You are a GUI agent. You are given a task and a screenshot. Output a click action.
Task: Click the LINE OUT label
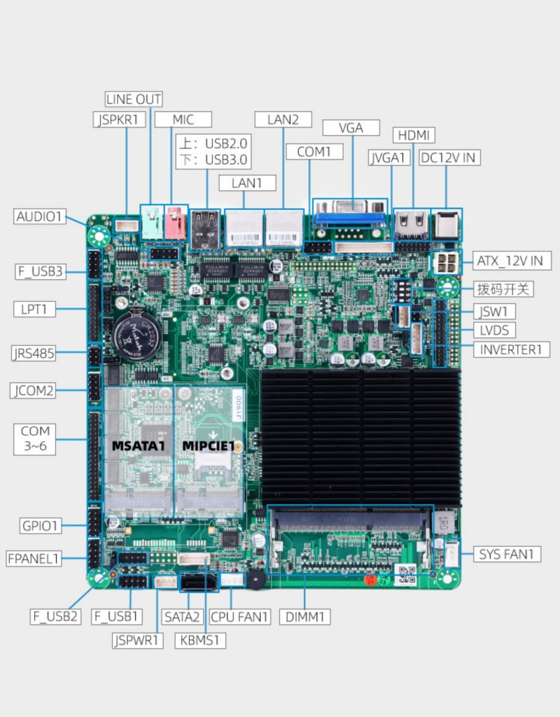click(x=134, y=99)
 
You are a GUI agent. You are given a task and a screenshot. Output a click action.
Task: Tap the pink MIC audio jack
click(x=176, y=222)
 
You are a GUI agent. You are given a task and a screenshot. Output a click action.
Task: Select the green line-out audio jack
click(x=152, y=222)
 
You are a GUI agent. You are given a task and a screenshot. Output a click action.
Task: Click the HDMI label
click(x=414, y=135)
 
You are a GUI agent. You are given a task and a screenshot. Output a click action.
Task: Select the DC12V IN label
click(x=449, y=158)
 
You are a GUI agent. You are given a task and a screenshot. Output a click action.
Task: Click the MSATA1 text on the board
click(x=138, y=446)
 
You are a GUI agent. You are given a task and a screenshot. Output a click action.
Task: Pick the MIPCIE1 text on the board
click(x=209, y=446)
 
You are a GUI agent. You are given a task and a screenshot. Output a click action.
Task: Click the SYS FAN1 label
click(x=507, y=555)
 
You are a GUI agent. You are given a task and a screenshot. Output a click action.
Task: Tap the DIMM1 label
click(x=305, y=617)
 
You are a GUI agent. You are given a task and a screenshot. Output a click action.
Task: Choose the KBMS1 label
click(x=199, y=640)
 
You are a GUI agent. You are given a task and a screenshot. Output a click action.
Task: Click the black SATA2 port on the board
click(x=199, y=583)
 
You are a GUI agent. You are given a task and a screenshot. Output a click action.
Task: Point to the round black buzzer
click(x=256, y=579)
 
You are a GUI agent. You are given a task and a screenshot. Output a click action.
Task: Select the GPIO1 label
click(x=40, y=526)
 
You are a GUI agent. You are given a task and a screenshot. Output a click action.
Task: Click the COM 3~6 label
click(x=35, y=438)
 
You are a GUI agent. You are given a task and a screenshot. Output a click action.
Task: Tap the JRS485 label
click(x=34, y=353)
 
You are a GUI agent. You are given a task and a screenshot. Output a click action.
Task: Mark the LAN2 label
click(x=283, y=120)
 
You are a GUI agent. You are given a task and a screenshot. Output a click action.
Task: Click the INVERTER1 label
click(x=511, y=350)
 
